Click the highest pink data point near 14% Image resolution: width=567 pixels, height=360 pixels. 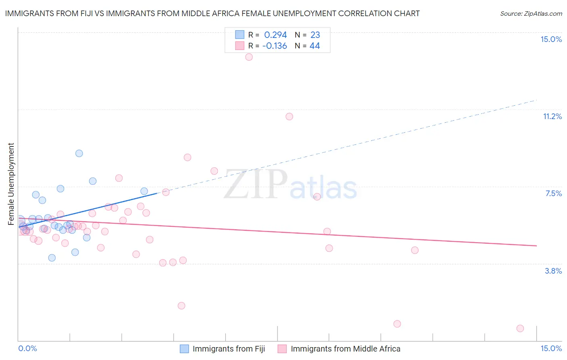point(249,57)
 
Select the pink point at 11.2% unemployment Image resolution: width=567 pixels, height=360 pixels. point(289,117)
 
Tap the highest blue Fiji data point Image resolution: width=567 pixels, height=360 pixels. point(79,153)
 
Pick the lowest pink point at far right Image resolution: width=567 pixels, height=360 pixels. point(520,329)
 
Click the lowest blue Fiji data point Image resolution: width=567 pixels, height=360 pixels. point(52,258)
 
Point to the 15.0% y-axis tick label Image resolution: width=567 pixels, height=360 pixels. point(551,39)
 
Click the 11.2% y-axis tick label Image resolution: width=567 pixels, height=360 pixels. point(552,116)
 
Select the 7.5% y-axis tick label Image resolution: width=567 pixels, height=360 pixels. point(553,193)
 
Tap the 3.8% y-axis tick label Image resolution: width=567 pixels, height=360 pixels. point(553,271)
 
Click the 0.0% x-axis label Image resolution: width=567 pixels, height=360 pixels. point(27,348)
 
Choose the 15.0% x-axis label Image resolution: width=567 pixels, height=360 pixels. point(551,348)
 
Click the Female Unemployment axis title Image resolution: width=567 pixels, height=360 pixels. point(11,184)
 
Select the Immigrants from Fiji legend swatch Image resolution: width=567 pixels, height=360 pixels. point(184,349)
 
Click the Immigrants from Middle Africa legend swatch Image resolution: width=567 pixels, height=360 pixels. point(282,349)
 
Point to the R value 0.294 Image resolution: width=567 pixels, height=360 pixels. point(275,35)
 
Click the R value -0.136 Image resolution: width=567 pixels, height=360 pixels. point(275,46)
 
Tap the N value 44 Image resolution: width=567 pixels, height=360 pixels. point(315,46)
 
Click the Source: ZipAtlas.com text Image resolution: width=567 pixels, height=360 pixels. point(531,14)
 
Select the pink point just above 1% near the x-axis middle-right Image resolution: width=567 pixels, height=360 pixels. point(397,324)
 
